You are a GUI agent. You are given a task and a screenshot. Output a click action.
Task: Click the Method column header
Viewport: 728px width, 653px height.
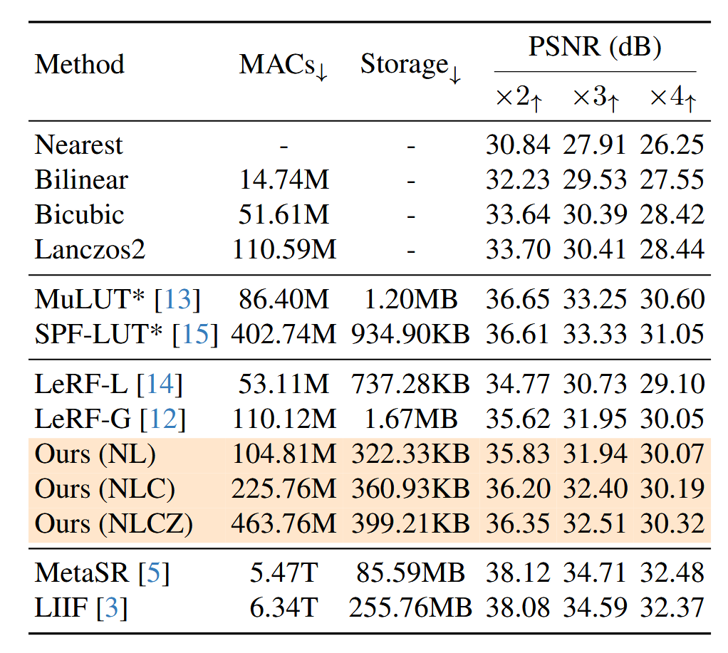[x=79, y=64]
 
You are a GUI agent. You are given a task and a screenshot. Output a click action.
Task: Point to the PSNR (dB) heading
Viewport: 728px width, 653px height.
[x=595, y=48]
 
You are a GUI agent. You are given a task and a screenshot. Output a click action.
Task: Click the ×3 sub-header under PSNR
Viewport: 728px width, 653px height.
[x=596, y=98]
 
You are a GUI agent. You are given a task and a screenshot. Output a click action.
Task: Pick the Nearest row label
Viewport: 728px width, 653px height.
[x=79, y=145]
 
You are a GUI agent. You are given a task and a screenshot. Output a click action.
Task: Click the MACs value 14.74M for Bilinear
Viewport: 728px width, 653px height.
[x=284, y=180]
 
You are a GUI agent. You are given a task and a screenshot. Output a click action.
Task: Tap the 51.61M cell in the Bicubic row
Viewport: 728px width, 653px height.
[x=284, y=215]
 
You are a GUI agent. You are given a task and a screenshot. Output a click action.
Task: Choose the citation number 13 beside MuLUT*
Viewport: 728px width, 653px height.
[x=178, y=300]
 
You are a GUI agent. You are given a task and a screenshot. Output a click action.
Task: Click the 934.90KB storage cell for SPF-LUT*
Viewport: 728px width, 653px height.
[x=410, y=335]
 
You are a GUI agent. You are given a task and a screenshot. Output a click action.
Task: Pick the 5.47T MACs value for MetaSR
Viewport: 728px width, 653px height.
[x=284, y=573]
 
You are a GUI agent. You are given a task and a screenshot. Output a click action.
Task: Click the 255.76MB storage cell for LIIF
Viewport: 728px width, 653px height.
[x=410, y=608]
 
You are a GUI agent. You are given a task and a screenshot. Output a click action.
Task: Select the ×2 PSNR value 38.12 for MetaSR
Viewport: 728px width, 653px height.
[x=518, y=573]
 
